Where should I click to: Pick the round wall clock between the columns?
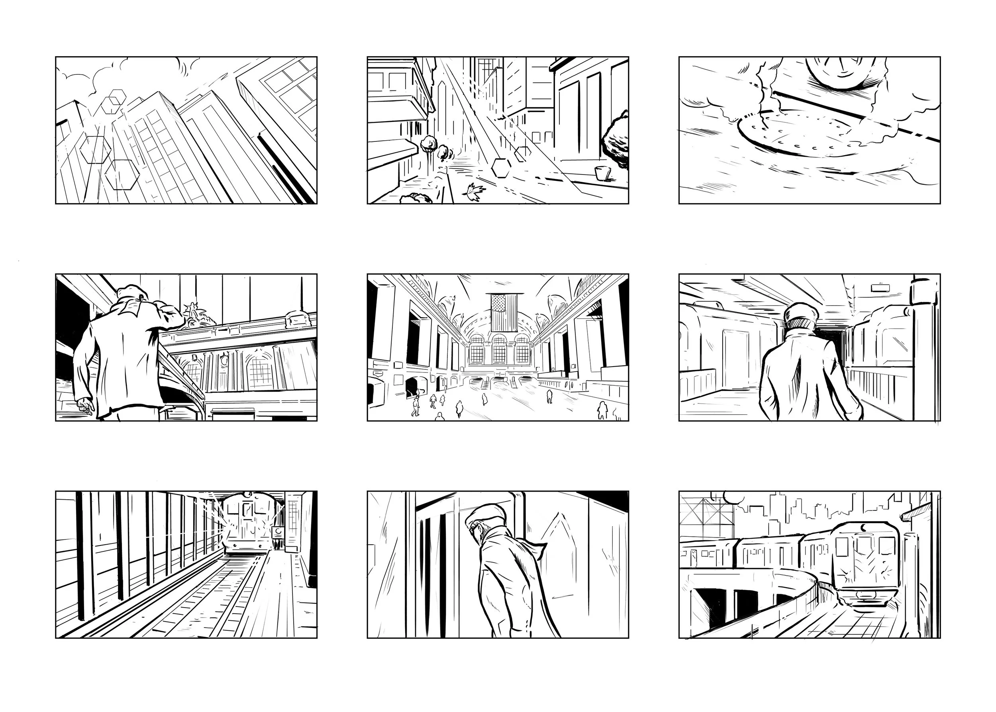[x=225, y=361]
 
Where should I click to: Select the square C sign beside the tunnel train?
[x=278, y=532]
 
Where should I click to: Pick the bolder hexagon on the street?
[x=500, y=167]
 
